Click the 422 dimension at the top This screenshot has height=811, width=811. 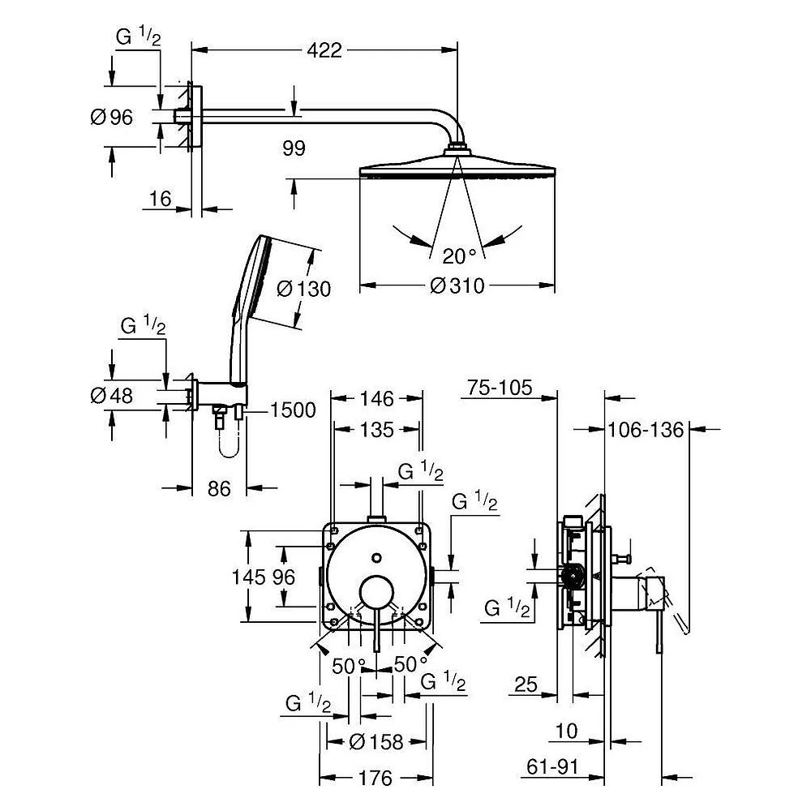coord(324,50)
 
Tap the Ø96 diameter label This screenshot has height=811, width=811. coord(112,118)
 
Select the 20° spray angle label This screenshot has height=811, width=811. coord(459,256)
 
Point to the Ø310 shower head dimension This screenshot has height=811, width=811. coord(457,285)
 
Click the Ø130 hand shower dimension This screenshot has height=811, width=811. coord(303,289)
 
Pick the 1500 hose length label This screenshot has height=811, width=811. coord(294,410)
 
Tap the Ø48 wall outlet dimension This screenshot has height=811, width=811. coord(112,396)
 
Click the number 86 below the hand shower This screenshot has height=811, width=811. coord(219,489)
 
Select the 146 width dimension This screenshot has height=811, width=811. coord(377,399)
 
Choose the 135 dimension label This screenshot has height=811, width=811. coord(377,430)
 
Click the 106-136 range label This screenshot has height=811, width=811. coord(646,430)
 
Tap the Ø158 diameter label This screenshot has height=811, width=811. coord(376,742)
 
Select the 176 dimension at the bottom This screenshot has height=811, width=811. coord(375,778)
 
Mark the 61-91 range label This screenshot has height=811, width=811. coord(552,767)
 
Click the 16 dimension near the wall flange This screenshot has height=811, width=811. coord(161,199)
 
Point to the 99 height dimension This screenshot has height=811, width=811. coord(294,148)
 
